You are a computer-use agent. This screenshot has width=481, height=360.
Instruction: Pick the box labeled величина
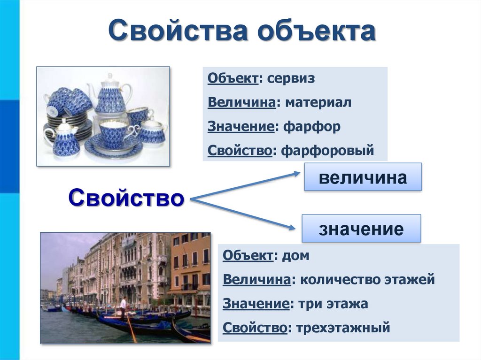(363, 177)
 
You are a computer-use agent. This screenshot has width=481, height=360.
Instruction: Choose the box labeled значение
(361, 229)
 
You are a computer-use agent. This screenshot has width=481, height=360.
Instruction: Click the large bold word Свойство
(126, 198)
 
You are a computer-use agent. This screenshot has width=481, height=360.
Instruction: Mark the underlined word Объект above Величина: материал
(233, 78)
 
